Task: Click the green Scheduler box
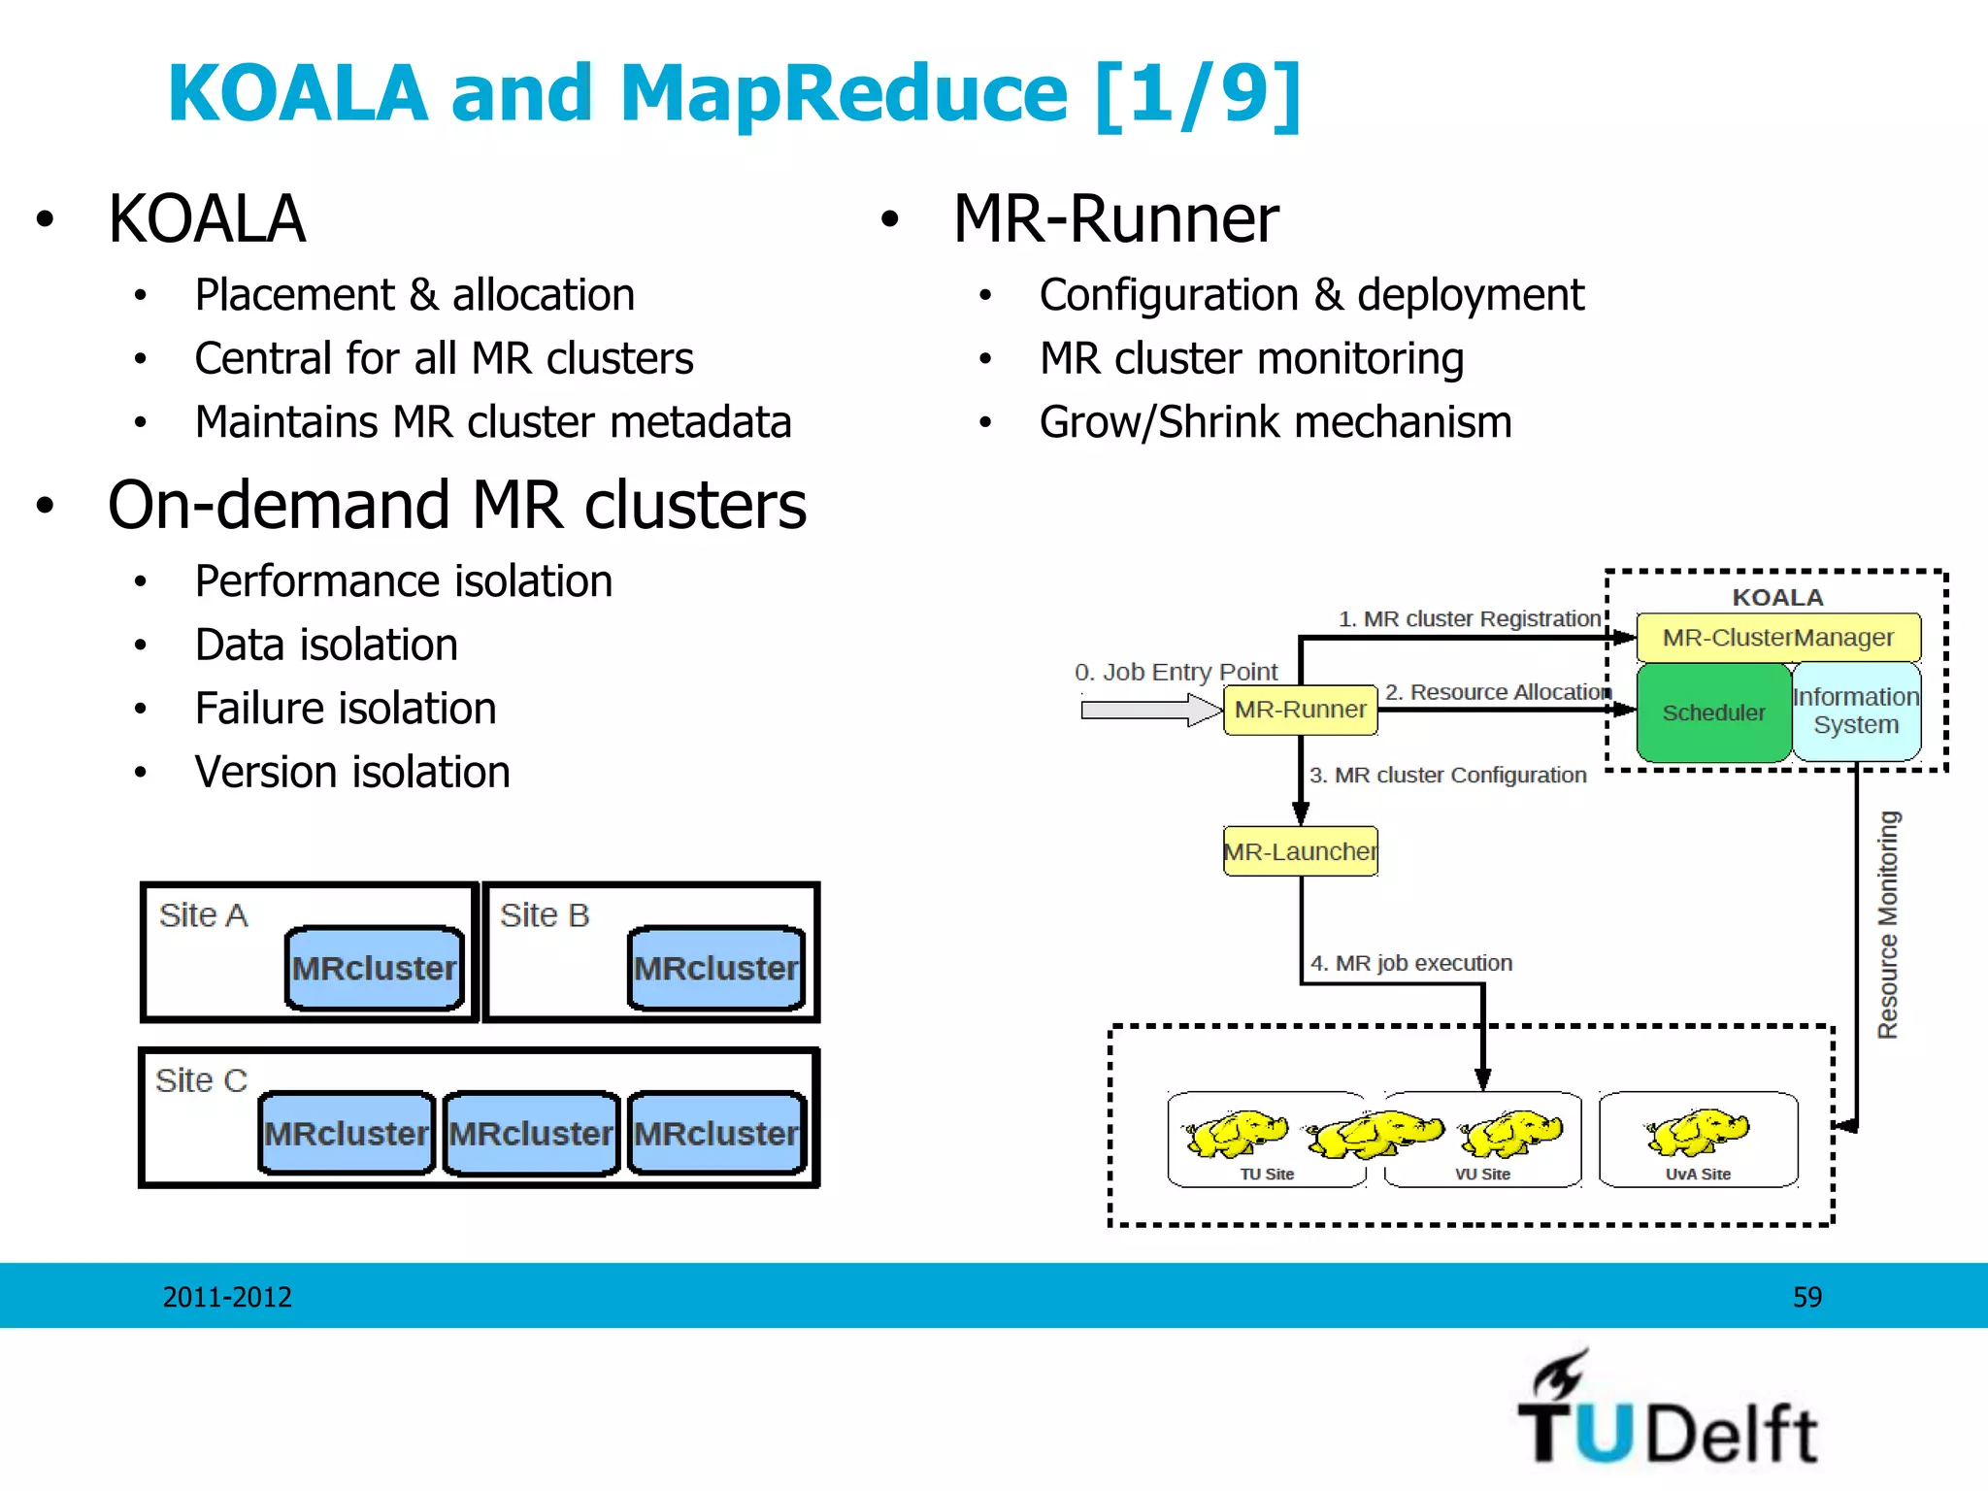point(1712,712)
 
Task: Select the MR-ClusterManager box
point(1777,638)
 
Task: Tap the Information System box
point(1855,712)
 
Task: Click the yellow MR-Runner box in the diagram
point(1300,710)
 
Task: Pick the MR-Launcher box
point(1300,851)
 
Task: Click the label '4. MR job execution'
point(1410,963)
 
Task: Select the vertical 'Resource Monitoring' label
point(1887,924)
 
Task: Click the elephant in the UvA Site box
point(1698,1132)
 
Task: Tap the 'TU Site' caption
point(1267,1174)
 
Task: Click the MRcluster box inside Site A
point(375,968)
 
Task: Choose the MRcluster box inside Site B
point(716,968)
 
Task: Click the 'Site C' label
point(202,1080)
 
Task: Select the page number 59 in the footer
point(1806,1297)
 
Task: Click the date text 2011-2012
point(227,1297)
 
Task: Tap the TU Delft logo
point(1668,1411)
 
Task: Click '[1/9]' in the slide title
point(1198,94)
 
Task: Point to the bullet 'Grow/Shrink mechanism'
point(1275,422)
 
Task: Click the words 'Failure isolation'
point(346,709)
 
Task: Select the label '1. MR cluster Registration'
point(1469,618)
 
